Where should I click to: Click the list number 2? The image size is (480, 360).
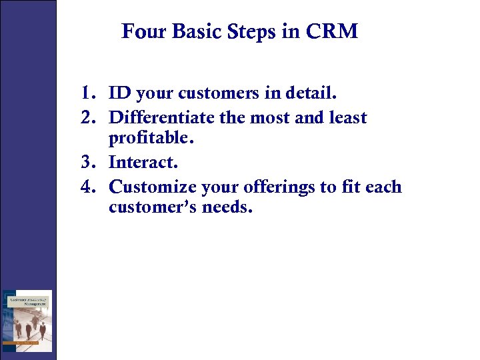(88, 117)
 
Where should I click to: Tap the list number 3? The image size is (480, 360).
(88, 162)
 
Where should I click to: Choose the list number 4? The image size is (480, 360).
(88, 187)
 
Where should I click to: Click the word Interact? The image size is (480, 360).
(143, 162)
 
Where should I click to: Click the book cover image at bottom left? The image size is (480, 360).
(27, 321)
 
